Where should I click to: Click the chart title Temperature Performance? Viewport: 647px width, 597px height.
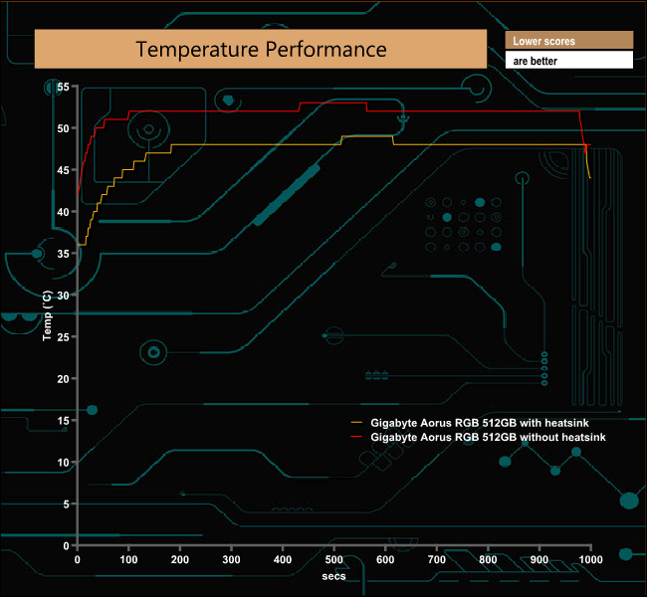pyautogui.click(x=261, y=49)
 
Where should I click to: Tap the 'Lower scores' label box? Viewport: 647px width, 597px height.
pyautogui.click(x=568, y=41)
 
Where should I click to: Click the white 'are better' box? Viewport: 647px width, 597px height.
pyautogui.click(x=568, y=61)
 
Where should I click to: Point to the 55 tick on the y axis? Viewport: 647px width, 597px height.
pyautogui.click(x=63, y=88)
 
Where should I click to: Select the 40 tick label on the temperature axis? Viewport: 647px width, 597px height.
pyautogui.click(x=63, y=212)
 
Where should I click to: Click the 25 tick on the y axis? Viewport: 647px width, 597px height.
pyautogui.click(x=63, y=337)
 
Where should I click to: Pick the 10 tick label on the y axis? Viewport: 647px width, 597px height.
pyautogui.click(x=63, y=463)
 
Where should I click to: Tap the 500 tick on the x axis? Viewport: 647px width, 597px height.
pyautogui.click(x=334, y=559)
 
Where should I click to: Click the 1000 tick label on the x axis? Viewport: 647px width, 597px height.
pyautogui.click(x=591, y=559)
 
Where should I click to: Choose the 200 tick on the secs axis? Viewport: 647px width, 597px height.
pyautogui.click(x=180, y=559)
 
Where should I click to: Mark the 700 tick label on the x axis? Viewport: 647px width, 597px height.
pyautogui.click(x=437, y=559)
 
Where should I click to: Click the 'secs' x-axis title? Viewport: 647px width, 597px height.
pyautogui.click(x=334, y=576)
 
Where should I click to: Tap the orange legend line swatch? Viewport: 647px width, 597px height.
pyautogui.click(x=356, y=423)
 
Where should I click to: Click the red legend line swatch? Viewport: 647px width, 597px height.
pyautogui.click(x=356, y=437)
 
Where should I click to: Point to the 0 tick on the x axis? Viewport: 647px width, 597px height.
pyautogui.click(x=78, y=559)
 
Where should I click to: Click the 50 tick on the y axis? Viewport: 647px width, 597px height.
pyautogui.click(x=63, y=129)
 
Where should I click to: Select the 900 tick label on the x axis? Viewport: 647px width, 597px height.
pyautogui.click(x=539, y=559)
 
